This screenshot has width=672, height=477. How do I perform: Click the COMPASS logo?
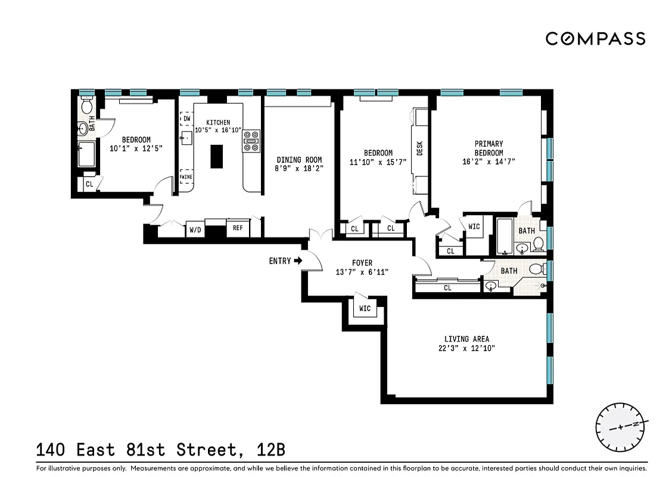point(595,39)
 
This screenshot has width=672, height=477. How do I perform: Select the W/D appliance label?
point(195,230)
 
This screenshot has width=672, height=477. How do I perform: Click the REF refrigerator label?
point(238,228)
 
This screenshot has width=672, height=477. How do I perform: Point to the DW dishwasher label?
point(187,119)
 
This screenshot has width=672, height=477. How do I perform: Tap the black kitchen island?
point(216,157)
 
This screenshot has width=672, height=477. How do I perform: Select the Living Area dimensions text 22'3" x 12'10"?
point(466,349)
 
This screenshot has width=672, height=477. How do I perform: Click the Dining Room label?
point(299,160)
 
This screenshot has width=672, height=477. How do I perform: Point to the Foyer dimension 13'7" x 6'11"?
point(362,272)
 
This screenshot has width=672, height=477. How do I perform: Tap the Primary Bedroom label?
point(489,148)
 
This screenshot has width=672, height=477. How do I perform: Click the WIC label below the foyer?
point(365,309)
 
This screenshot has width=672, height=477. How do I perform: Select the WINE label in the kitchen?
point(186,176)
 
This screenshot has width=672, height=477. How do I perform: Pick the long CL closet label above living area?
point(447,288)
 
